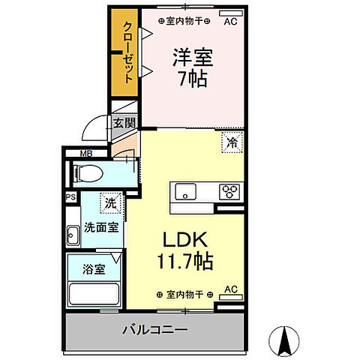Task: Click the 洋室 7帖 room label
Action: (x=190, y=68)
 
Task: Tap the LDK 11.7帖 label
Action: (x=186, y=250)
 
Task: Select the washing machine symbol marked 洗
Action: (x=110, y=202)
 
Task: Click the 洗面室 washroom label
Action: (x=100, y=226)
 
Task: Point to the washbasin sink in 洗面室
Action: (x=73, y=235)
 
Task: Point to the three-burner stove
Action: (x=229, y=191)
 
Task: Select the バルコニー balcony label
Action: (x=154, y=329)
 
